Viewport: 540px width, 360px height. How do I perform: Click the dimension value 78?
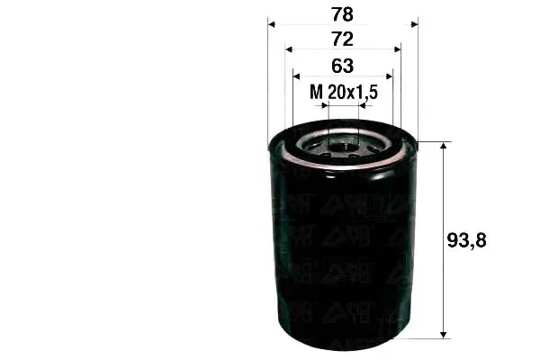(342, 14)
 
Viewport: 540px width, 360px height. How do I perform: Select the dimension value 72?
(342, 40)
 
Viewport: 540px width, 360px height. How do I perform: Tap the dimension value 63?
(342, 66)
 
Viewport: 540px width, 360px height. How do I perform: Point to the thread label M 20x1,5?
(344, 92)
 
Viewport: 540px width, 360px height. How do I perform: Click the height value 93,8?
(466, 240)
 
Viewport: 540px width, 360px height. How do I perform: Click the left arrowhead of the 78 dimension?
(272, 24)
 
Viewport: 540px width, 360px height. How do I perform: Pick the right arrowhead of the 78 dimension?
(414, 24)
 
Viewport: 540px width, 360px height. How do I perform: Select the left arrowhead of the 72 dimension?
(289, 49)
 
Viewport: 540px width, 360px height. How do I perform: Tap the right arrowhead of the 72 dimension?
(398, 49)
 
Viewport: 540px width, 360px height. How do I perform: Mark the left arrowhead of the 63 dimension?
(296, 76)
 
